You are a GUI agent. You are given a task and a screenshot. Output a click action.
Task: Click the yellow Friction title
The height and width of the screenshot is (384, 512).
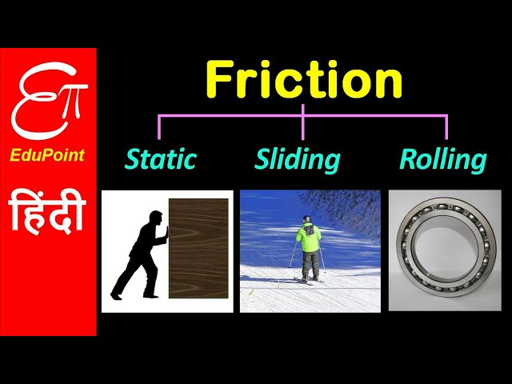coord(303,80)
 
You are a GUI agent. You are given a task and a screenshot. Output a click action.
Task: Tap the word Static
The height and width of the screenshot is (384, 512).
coord(160,159)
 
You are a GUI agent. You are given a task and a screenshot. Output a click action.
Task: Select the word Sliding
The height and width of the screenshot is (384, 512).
coord(297,159)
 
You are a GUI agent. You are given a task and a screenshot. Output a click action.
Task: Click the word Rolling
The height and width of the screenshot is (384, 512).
coord(442,159)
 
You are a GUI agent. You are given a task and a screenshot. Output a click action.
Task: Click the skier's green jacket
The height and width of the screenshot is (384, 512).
coord(308,238)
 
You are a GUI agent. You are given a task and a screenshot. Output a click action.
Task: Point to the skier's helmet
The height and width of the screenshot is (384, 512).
coord(306,219)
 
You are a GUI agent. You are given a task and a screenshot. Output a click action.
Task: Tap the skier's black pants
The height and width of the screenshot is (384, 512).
coord(310,264)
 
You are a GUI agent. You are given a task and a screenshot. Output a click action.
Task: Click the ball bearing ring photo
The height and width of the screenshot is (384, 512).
coord(439,250)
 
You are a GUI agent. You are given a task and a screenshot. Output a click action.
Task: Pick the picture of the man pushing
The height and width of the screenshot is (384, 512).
coord(167,250)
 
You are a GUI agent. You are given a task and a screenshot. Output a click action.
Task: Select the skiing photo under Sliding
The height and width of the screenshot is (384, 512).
coord(310,250)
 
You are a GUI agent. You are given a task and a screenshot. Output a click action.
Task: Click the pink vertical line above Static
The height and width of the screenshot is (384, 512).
coord(159,127)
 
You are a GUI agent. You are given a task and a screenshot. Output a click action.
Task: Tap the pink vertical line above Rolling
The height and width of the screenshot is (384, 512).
coord(446,127)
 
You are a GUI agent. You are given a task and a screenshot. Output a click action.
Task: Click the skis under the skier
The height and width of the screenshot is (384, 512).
coord(310,280)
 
